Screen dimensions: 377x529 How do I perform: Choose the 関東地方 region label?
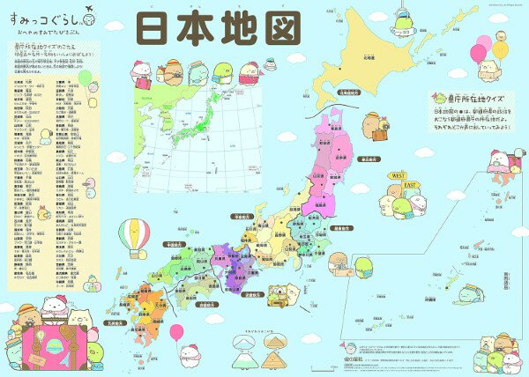(x=346, y=227)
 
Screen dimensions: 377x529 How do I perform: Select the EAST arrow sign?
(x=411, y=187)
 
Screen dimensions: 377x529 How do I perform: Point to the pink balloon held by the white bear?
(x=175, y=333)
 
